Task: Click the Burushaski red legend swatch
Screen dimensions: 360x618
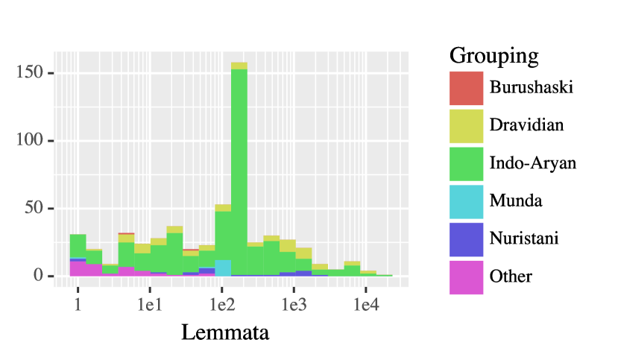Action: click(466, 87)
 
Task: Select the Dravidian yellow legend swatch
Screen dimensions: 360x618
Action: click(466, 125)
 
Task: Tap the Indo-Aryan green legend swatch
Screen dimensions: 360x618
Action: click(466, 163)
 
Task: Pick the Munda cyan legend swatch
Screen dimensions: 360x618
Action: click(466, 200)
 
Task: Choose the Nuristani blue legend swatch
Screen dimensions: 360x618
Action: click(466, 239)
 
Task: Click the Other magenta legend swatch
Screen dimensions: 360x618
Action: click(466, 277)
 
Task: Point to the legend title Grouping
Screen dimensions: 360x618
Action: click(494, 55)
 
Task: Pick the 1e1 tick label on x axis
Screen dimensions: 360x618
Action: click(150, 306)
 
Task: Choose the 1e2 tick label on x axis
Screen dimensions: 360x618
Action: click(222, 306)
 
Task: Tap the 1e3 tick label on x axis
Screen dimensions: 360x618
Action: click(294, 306)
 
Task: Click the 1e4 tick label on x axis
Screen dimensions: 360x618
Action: click(366, 306)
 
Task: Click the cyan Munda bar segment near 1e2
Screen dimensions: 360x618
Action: click(222, 268)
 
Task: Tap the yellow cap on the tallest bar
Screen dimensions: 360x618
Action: click(239, 66)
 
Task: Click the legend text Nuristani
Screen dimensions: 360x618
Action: click(524, 239)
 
